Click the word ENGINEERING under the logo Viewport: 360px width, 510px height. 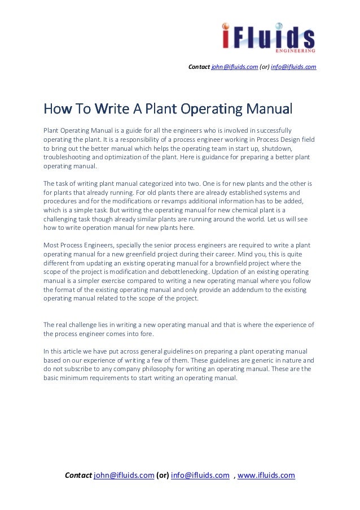296,51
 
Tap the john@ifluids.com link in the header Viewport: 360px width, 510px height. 234,67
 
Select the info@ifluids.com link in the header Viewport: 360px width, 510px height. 294,67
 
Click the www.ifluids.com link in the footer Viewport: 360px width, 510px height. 266,475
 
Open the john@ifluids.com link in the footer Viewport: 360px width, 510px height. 124,475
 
